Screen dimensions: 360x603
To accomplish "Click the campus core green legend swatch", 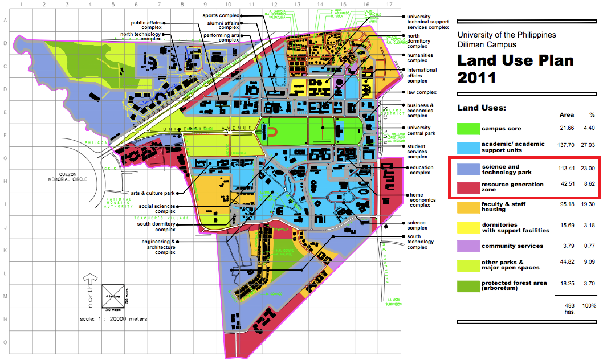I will coord(467,129).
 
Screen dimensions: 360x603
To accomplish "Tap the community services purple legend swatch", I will coord(467,246).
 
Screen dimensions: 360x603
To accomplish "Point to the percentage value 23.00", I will coord(588,169).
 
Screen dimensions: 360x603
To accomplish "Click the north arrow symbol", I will coord(89,285).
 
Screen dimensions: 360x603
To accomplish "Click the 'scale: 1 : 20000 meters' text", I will coord(113,319).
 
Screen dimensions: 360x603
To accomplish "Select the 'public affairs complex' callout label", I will coord(146,26).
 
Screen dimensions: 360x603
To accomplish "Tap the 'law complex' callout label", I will coord(421,92).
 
